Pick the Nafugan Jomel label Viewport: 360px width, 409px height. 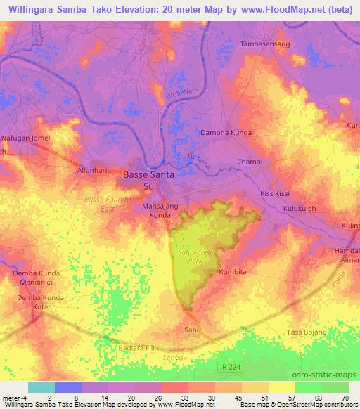point(25,139)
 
